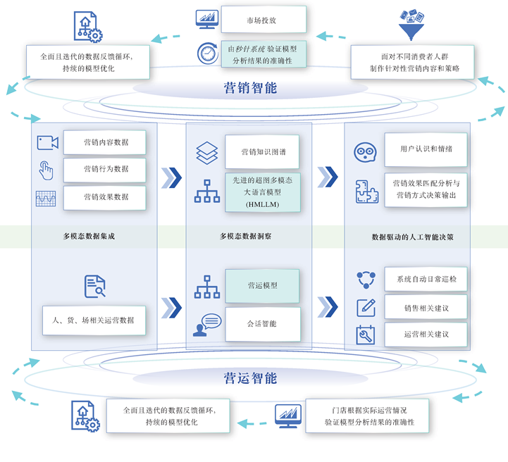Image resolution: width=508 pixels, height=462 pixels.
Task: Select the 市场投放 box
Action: (263, 20)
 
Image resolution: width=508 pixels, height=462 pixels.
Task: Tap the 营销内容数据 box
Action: (105, 142)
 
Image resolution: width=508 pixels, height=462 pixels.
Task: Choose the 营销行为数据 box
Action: (105, 170)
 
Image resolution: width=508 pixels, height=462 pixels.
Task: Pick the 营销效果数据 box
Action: (105, 197)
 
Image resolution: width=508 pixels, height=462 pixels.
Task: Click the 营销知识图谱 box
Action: (263, 151)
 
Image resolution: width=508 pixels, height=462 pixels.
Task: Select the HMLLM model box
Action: (263, 192)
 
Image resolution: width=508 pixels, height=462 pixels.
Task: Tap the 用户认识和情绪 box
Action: (426, 149)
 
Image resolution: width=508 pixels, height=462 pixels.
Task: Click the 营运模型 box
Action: (263, 286)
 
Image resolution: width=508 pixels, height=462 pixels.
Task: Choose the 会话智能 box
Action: (263, 324)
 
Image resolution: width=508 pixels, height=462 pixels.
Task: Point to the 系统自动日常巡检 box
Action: (426, 279)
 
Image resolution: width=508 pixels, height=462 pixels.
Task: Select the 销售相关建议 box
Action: (426, 307)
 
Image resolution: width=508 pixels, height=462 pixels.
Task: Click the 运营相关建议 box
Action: (426, 335)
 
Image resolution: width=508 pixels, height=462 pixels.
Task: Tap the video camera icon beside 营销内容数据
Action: (47, 143)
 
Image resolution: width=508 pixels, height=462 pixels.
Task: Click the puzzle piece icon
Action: (366, 191)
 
